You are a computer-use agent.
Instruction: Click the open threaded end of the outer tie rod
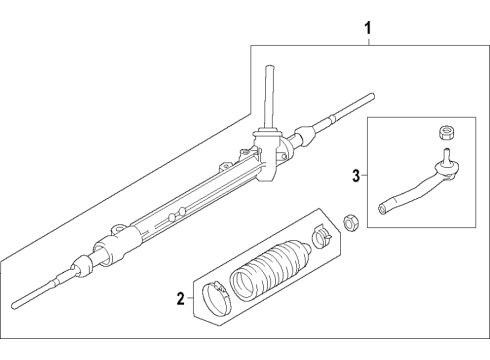pyautogui.click(x=382, y=210)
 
